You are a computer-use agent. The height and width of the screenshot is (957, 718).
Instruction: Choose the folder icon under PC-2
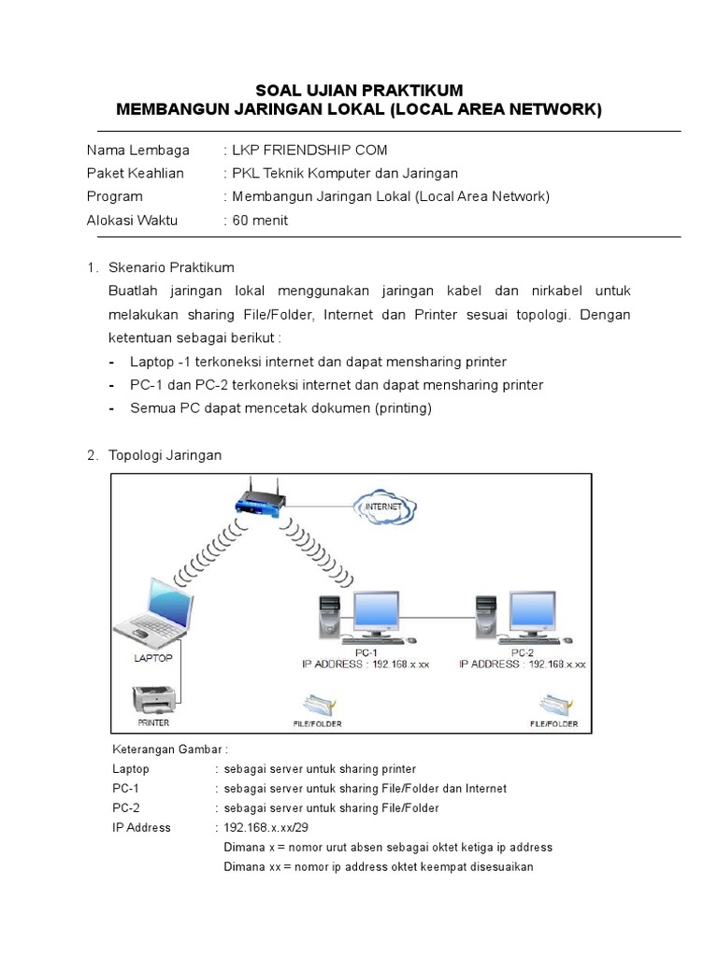553,704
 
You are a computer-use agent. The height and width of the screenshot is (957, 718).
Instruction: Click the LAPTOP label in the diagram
152,657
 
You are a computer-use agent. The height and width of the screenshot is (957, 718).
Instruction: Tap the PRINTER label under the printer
153,722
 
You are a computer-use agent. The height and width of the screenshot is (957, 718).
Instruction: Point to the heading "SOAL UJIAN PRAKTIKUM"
359,91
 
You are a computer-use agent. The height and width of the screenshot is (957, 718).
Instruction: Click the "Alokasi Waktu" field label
132,221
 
